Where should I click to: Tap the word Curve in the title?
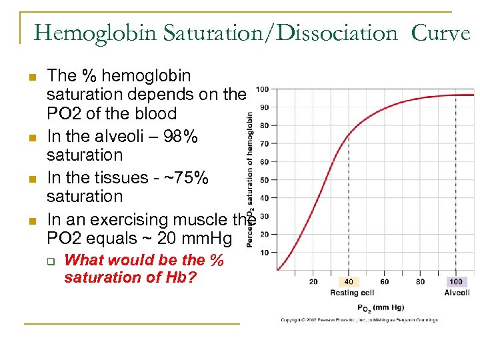(441, 33)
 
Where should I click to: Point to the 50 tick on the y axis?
(264, 180)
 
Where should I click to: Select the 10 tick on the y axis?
(264, 252)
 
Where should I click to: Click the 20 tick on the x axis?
(313, 281)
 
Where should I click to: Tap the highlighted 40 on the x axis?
(349, 281)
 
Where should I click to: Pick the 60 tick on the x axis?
(384, 281)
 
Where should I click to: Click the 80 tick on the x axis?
(419, 281)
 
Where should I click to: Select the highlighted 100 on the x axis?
(455, 281)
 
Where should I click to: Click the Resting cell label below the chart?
(352, 293)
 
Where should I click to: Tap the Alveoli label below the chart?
(457, 293)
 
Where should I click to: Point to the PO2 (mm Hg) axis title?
(381, 307)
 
